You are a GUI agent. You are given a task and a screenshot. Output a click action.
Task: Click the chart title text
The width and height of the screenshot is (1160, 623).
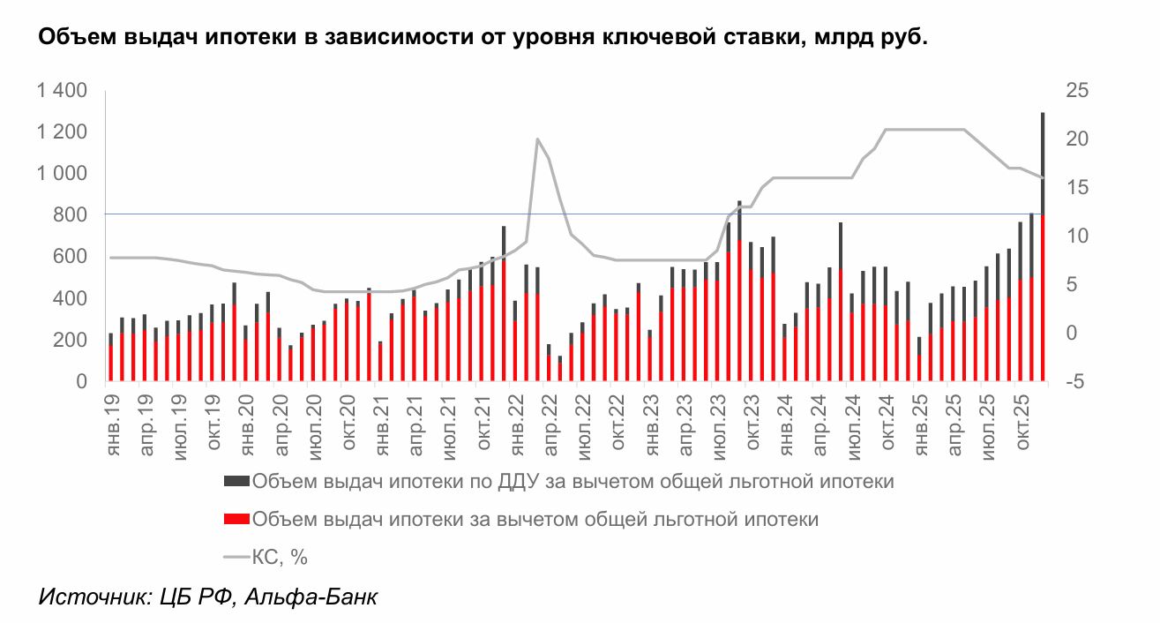[482, 38]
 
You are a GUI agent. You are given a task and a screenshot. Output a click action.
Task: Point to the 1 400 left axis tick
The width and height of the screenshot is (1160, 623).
[62, 91]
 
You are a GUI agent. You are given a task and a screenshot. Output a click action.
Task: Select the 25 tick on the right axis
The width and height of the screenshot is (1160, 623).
[1078, 91]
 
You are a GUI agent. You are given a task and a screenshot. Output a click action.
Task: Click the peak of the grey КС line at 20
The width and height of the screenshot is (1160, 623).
[536, 139]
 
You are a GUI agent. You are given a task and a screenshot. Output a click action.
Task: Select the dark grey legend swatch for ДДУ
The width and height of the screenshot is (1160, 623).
[236, 482]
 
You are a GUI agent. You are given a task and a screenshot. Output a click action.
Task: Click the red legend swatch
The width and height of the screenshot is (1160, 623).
[236, 520]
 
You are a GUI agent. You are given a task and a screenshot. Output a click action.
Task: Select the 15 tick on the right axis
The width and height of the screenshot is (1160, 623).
[1077, 188]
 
